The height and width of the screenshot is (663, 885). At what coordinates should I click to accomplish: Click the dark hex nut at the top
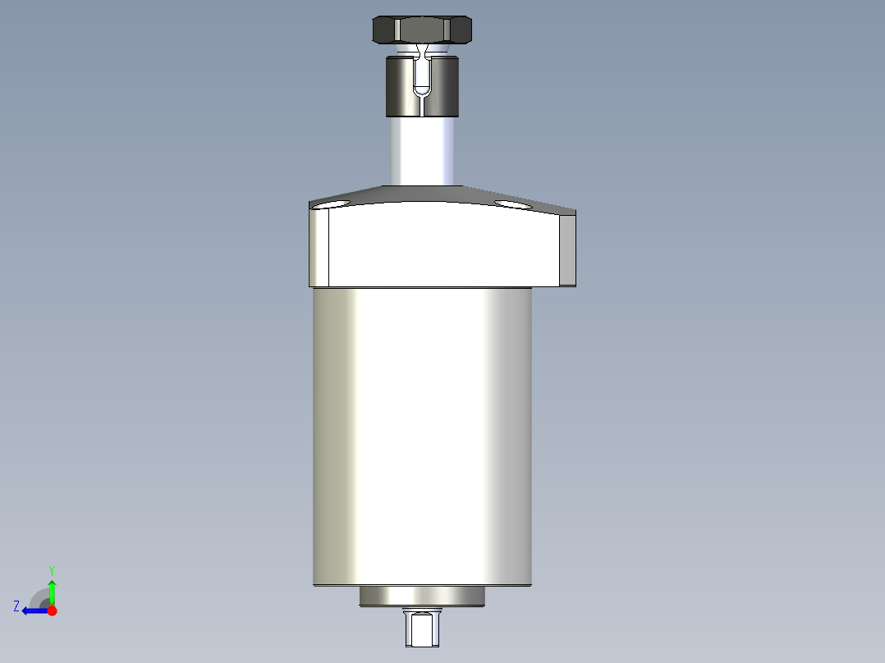click(422, 30)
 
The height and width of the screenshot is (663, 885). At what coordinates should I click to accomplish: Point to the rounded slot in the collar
click(422, 77)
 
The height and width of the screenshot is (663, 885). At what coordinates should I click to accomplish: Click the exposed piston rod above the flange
click(422, 152)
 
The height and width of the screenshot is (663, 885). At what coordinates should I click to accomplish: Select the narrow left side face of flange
click(319, 248)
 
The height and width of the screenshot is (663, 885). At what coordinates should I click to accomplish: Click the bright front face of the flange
click(443, 246)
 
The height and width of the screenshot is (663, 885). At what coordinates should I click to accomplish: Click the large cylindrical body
click(422, 435)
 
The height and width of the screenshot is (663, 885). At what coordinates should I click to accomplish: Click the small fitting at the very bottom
click(422, 629)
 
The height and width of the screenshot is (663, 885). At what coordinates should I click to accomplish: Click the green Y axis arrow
click(52, 591)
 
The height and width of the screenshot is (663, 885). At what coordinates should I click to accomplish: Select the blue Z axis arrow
click(34, 610)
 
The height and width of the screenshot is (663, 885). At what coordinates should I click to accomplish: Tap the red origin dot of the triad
click(52, 610)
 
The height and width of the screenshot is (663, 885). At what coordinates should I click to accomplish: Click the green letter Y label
click(51, 569)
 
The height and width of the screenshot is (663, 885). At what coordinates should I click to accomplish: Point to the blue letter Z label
click(16, 606)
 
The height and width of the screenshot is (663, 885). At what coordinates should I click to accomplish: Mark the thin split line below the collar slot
click(422, 107)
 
